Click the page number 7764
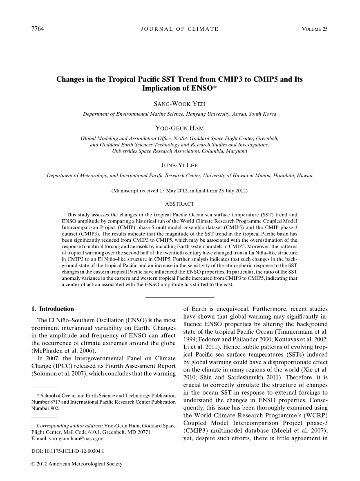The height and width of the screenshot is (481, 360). [38, 29]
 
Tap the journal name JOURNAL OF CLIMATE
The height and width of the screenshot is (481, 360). [179, 29]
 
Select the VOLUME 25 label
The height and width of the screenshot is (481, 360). [315, 29]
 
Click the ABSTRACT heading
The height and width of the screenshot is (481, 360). [179, 204]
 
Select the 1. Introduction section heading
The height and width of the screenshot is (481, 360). [53, 309]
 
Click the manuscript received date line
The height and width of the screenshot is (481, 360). [179, 191]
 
